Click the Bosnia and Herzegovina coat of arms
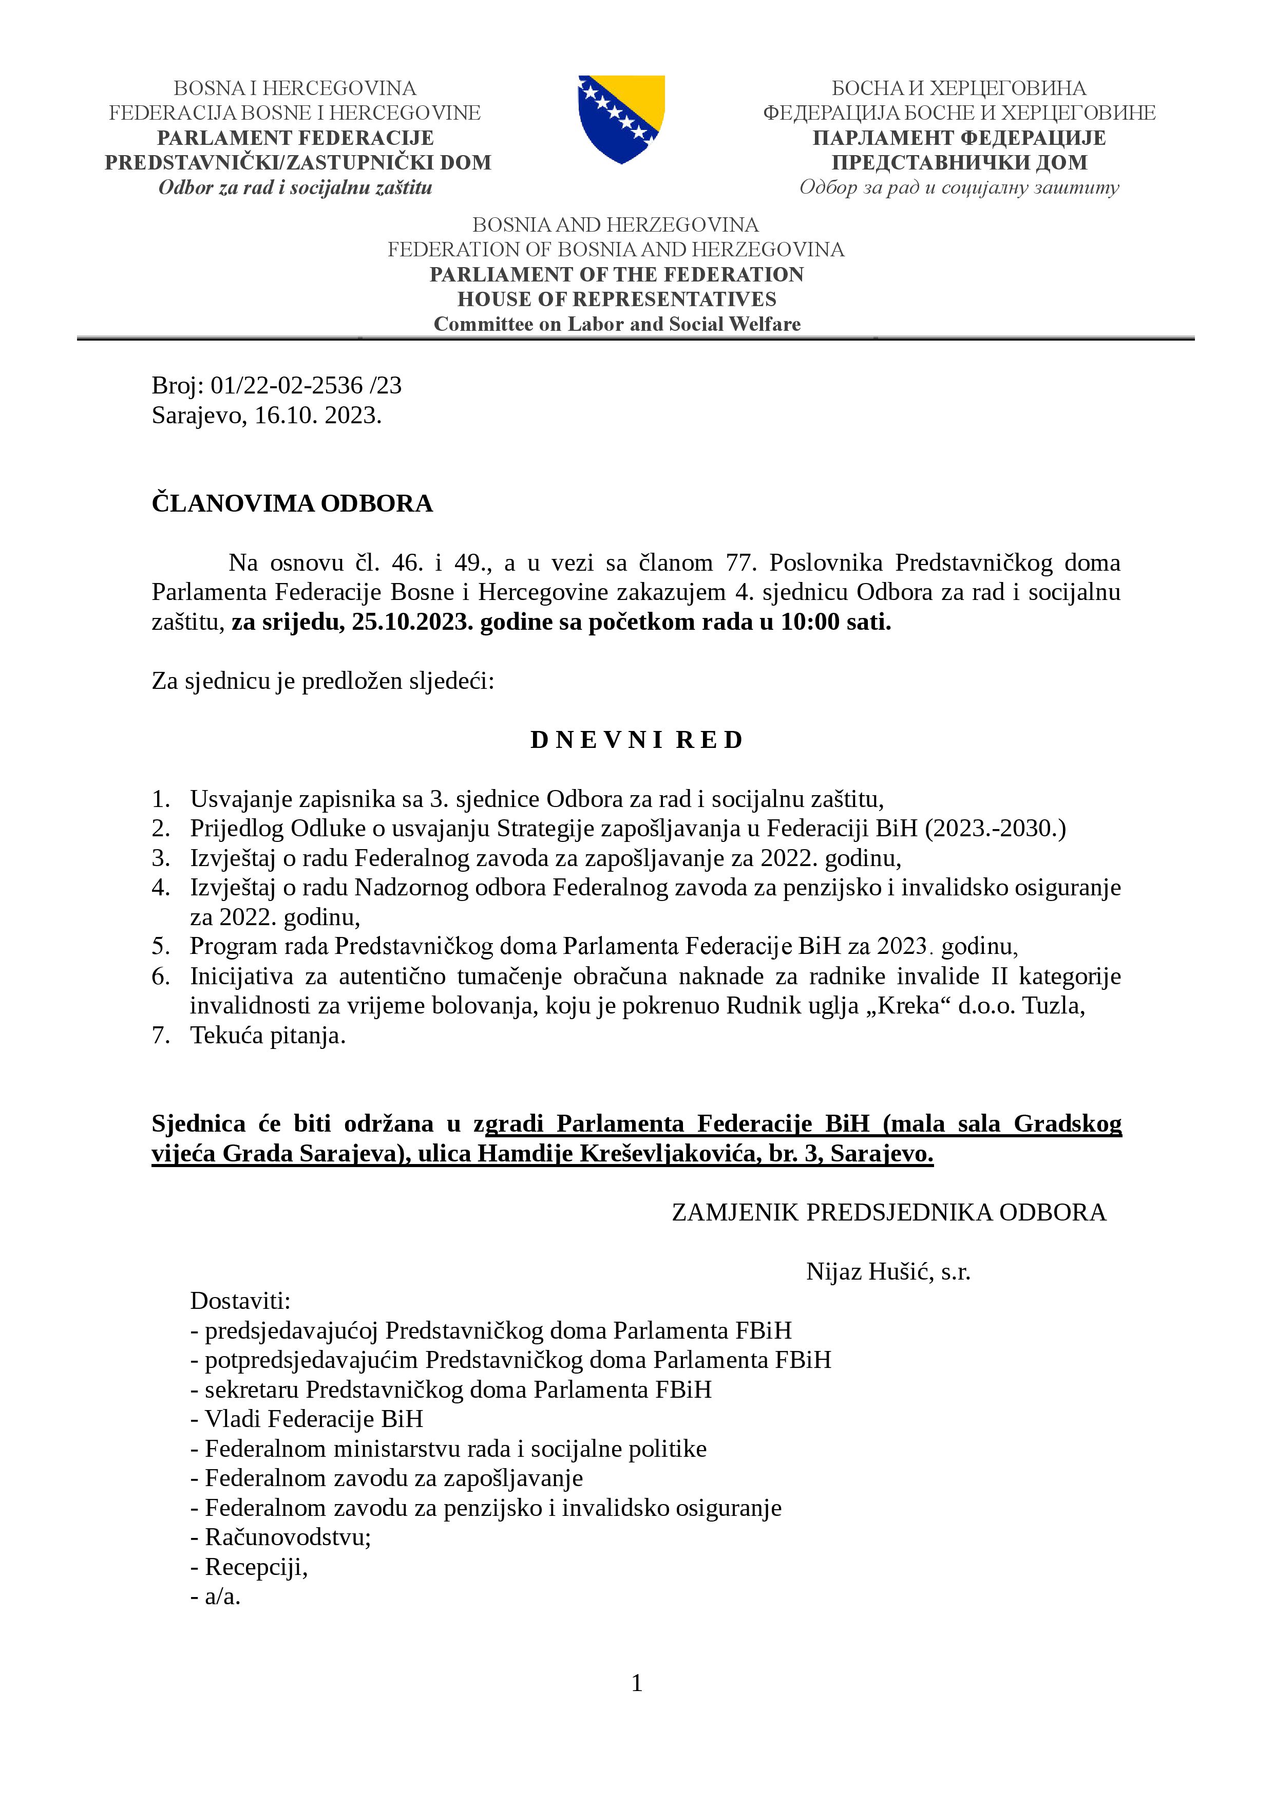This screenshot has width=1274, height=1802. click(x=621, y=119)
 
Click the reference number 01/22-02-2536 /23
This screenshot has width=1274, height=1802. click(x=306, y=385)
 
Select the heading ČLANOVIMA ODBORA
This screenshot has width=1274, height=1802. click(x=292, y=503)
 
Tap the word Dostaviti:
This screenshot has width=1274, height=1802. click(x=240, y=1301)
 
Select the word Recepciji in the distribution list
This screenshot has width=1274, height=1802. click(x=255, y=1567)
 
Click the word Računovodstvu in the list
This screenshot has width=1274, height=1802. click(x=287, y=1537)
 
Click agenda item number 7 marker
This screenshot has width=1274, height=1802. click(x=160, y=1035)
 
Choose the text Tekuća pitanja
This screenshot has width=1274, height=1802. click(x=268, y=1035)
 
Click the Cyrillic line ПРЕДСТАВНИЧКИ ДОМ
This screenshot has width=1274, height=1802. click(x=959, y=162)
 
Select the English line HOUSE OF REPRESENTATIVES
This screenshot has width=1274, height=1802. click(x=617, y=299)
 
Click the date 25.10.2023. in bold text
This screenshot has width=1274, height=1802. click(x=412, y=623)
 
